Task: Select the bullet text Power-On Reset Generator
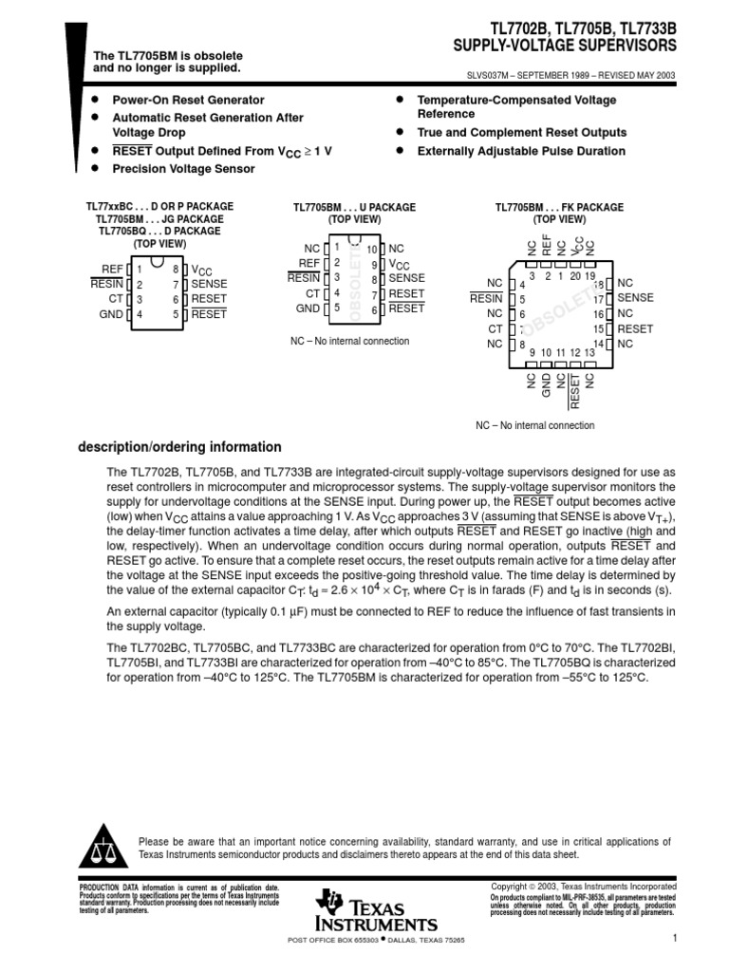tap(188, 100)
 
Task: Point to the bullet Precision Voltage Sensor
tap(183, 169)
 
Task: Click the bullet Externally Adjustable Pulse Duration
tap(521, 151)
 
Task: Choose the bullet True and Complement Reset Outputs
tap(521, 133)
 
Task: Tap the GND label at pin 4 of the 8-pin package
tap(111, 314)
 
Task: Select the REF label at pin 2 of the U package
tap(308, 263)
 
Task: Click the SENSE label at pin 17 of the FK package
tap(635, 298)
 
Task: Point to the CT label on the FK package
tap(495, 328)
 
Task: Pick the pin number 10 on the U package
tap(371, 249)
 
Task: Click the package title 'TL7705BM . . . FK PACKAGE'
tap(558, 207)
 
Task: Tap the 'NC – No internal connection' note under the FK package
tap(535, 425)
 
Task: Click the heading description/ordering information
tap(179, 447)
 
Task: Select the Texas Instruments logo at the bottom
tap(377, 911)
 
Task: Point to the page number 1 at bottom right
tap(673, 940)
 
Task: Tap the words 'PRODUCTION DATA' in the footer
tap(100, 887)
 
